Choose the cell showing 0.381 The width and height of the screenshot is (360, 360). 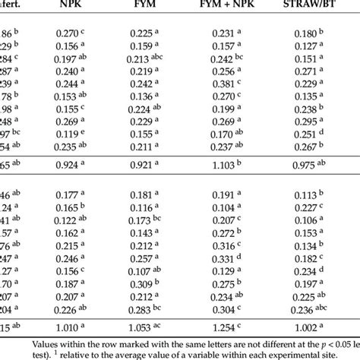pos(226,83)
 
